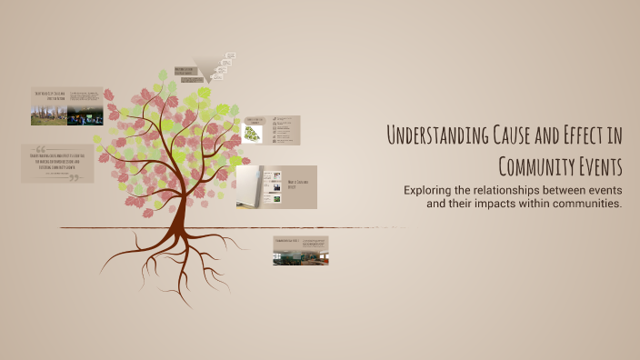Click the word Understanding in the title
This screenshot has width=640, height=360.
click(x=434, y=136)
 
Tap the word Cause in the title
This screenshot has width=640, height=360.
click(x=509, y=136)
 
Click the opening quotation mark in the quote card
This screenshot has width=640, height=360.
click(x=41, y=150)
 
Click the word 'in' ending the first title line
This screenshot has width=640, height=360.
click(x=615, y=136)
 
